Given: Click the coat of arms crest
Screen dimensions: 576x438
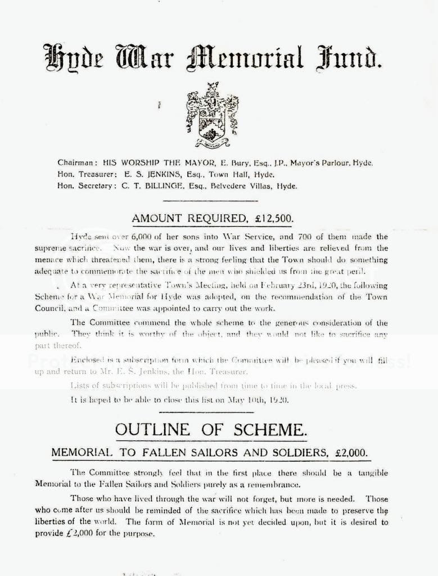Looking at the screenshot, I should pyautogui.click(x=212, y=114).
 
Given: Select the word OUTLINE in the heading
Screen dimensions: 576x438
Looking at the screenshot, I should pyautogui.click(x=151, y=430).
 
